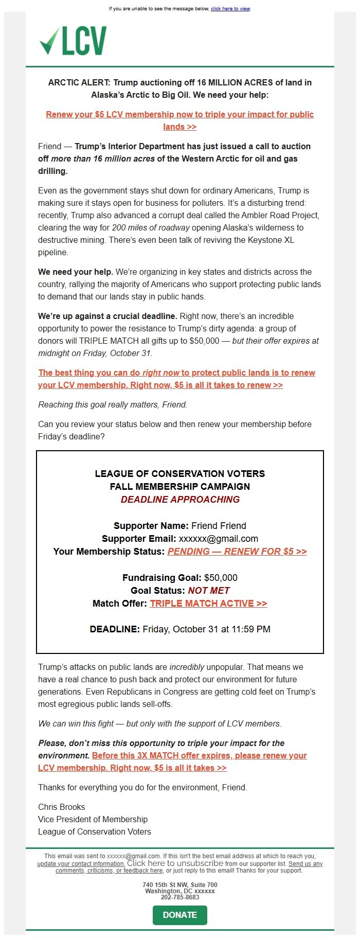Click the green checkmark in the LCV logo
[49, 41]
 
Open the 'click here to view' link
[230, 9]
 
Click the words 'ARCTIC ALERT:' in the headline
[79, 82]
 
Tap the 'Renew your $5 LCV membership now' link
[179, 115]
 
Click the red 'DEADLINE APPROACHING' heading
[180, 499]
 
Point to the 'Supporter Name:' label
[151, 525]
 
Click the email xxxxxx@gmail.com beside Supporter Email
[219, 539]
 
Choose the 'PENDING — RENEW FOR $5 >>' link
[237, 552]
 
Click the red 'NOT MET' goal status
[209, 590]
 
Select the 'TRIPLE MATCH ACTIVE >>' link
[208, 604]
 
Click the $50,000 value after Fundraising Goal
[221, 577]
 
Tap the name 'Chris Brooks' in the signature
[62, 807]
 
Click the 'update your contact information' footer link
[81, 864]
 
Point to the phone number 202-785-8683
[180, 897]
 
